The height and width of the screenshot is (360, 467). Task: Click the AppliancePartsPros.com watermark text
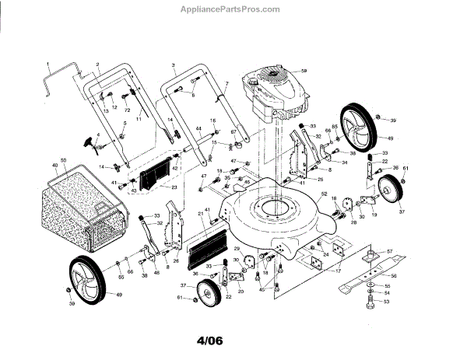(x=233, y=10)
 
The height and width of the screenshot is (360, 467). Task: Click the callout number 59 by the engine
(x=304, y=71)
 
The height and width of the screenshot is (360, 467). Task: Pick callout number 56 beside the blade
(x=393, y=276)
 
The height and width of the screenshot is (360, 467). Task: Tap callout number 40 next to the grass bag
(x=54, y=166)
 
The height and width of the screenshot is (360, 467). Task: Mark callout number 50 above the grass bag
(x=63, y=159)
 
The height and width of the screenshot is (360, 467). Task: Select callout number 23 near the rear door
(x=174, y=187)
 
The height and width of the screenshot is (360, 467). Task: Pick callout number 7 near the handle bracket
(x=226, y=83)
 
